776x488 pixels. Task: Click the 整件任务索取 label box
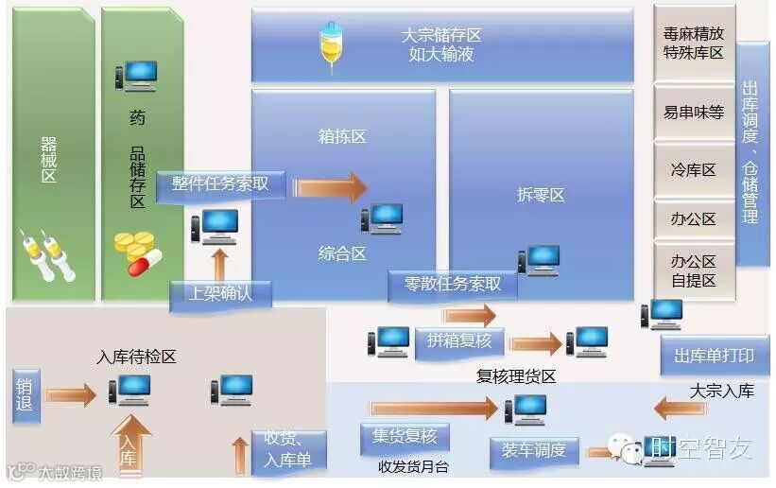click(221, 183)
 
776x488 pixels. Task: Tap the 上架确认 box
click(221, 294)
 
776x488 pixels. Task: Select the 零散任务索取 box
click(453, 284)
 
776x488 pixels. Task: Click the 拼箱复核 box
click(459, 341)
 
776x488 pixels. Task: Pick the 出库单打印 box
click(714, 356)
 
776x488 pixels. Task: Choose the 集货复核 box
click(405, 437)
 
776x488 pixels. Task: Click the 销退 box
click(26, 396)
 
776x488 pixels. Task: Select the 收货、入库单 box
click(290, 450)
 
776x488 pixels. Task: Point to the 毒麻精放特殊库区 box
click(694, 44)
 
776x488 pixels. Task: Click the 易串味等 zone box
click(694, 113)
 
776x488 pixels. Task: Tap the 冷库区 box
click(694, 170)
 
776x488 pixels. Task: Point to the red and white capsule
click(145, 261)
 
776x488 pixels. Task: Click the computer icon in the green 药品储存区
click(136, 76)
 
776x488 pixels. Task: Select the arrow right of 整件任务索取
click(330, 186)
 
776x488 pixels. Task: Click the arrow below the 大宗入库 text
click(680, 409)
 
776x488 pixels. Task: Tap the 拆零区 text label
click(541, 195)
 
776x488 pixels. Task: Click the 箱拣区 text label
click(342, 137)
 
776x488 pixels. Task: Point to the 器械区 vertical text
click(48, 160)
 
